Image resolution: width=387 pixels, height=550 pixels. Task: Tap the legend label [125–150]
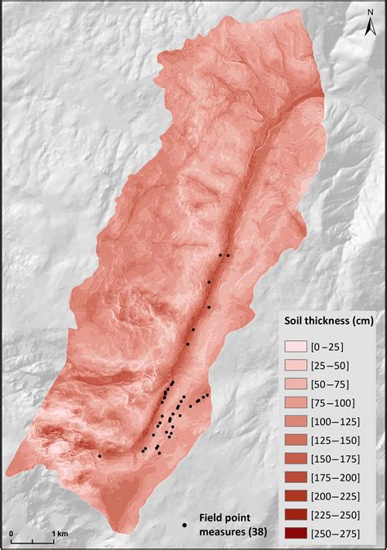pyautogui.click(x=337, y=440)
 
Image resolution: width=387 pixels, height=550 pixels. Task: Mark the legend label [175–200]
pyautogui.click(x=337, y=477)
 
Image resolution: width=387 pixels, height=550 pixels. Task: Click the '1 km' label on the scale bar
pyautogui.click(x=60, y=533)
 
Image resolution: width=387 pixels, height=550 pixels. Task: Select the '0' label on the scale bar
pyautogui.click(x=12, y=533)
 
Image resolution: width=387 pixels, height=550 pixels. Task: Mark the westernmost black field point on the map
pyautogui.click(x=100, y=456)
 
